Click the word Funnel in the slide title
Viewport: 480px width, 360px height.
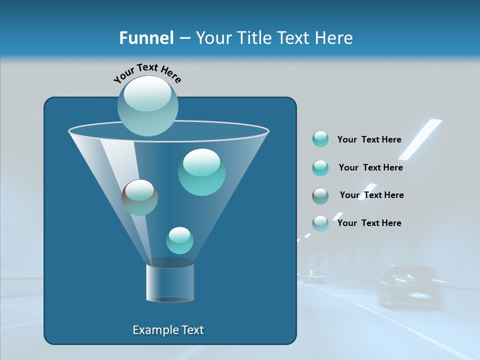click(x=146, y=38)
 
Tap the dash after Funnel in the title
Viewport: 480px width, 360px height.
click(x=184, y=38)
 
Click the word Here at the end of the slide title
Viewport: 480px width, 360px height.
click(x=334, y=38)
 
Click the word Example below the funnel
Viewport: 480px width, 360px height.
click(x=151, y=330)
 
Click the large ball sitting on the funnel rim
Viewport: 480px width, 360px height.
click(x=147, y=106)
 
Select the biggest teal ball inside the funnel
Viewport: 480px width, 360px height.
click(x=201, y=172)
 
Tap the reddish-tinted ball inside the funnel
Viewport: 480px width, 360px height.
click(x=139, y=197)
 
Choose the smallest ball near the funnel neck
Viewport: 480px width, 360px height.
click(x=179, y=240)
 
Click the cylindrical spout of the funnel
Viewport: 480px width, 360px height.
click(x=170, y=282)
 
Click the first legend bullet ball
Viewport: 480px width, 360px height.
click(x=320, y=139)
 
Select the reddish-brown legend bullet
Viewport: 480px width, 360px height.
click(x=320, y=196)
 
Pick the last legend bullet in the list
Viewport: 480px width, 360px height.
click(x=320, y=223)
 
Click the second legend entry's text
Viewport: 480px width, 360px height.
click(x=370, y=167)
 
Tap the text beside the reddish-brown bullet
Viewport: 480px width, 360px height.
click(x=371, y=195)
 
